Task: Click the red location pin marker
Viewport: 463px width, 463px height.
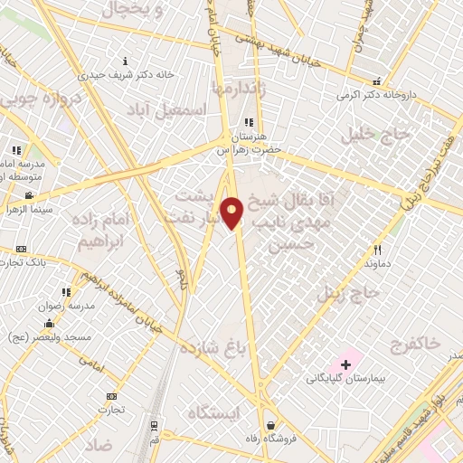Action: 232,213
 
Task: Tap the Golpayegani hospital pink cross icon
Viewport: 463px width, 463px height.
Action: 345,364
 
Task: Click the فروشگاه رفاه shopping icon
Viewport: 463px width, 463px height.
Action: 270,425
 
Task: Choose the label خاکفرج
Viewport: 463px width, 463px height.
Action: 415,343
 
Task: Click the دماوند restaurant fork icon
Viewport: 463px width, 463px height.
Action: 378,250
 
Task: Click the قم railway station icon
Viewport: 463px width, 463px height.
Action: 155,423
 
